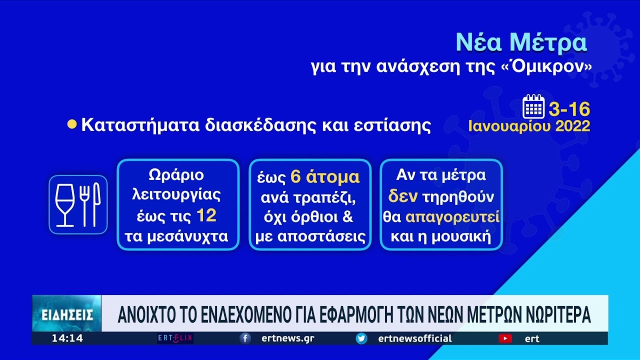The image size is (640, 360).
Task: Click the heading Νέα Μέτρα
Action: coord(521,42)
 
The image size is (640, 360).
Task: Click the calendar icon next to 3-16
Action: coord(533,106)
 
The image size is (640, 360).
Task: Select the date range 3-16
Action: coord(569,109)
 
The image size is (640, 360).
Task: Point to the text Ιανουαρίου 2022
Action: coord(529,126)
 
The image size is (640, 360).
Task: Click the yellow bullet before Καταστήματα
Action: coord(72,124)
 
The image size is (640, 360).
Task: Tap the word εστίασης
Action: coord(392,125)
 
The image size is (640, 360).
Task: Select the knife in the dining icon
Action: coord(97,204)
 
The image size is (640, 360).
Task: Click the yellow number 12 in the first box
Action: coord(206,215)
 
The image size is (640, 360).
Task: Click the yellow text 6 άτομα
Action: coord(325,177)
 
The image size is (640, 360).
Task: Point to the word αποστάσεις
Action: coord(321,236)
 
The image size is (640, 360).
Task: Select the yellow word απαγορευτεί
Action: coord(452,217)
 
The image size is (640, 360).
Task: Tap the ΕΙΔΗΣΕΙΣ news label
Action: coord(67,315)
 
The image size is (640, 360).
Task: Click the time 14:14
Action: coord(67,338)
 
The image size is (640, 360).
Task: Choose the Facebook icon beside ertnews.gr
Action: coord(245,338)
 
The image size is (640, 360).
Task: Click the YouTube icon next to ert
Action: coord(505,338)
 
